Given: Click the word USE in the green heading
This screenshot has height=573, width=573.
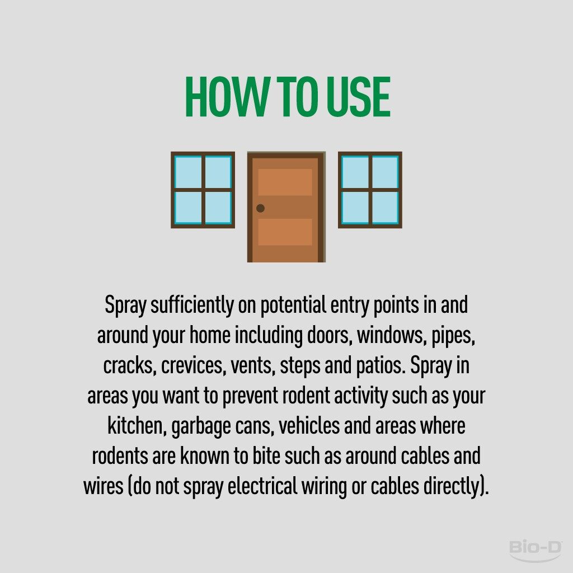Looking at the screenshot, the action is click(x=358, y=97).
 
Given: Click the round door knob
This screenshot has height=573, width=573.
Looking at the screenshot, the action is click(x=260, y=208).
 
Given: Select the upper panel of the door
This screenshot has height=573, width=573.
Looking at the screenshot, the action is click(x=285, y=182).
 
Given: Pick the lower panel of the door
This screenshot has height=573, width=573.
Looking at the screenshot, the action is click(x=285, y=232).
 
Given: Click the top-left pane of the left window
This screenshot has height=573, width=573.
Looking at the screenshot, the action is click(x=188, y=172).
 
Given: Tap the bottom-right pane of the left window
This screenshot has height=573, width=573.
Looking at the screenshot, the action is click(x=218, y=208).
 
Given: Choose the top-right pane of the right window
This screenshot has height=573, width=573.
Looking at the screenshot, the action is click(x=386, y=172).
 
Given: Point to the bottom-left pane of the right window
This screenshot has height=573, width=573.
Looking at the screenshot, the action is click(x=355, y=208).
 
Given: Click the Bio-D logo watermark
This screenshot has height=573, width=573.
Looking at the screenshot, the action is click(x=536, y=551).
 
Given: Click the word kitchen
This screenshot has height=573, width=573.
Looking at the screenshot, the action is click(x=135, y=426).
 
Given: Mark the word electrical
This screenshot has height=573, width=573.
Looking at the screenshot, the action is click(x=262, y=486).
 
